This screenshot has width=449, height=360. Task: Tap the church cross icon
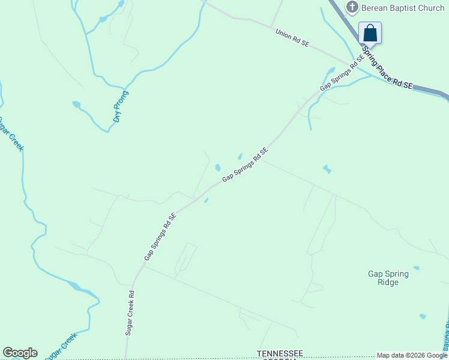click(x=352, y=7)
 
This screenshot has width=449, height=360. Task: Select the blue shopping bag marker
click(x=370, y=33)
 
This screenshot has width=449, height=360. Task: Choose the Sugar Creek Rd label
click(x=130, y=313)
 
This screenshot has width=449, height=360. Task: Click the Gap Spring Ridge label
click(x=388, y=278)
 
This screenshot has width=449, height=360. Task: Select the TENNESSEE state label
click(x=281, y=353)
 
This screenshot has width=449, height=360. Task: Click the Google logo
click(x=20, y=353)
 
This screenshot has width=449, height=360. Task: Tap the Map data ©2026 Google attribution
click(x=412, y=355)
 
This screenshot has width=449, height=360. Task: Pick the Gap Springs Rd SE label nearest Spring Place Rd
click(x=342, y=74)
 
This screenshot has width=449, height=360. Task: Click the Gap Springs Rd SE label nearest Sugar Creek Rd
click(x=160, y=236)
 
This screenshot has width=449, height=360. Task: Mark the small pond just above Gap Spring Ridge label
click(x=416, y=268)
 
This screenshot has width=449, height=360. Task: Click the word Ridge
click(x=388, y=282)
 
